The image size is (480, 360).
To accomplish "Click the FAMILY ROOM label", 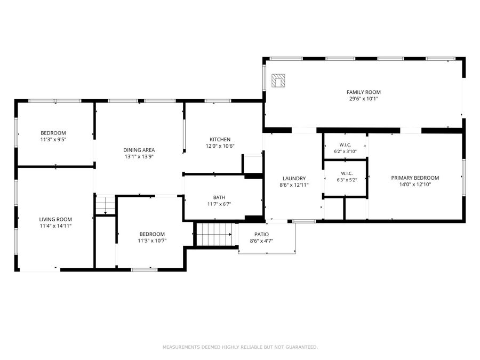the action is click(x=364, y=92).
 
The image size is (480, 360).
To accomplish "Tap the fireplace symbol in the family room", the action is click(x=278, y=81).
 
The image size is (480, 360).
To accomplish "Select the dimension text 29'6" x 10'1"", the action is click(x=364, y=99).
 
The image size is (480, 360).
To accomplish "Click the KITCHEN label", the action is click(x=220, y=140).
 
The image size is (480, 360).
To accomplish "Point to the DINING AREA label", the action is click(x=139, y=150).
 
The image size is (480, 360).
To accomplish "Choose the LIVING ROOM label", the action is click(x=55, y=220).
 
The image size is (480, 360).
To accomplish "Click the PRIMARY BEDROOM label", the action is click(x=415, y=178).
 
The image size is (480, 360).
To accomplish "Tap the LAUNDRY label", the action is click(x=294, y=179).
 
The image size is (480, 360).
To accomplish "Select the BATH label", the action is click(x=219, y=197).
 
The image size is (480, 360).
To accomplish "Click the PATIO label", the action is click(x=261, y=235).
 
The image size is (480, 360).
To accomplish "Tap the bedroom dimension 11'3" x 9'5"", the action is click(x=53, y=140).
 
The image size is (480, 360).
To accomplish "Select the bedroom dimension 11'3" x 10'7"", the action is click(x=152, y=241).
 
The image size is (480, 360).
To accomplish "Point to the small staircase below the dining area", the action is click(x=105, y=205).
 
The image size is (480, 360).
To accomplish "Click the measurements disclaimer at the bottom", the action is click(x=241, y=347).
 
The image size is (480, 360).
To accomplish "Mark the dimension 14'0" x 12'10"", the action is click(x=415, y=185).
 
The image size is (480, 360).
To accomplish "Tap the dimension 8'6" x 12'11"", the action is click(x=294, y=185).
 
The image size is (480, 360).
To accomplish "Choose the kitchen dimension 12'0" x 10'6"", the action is click(x=220, y=146).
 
